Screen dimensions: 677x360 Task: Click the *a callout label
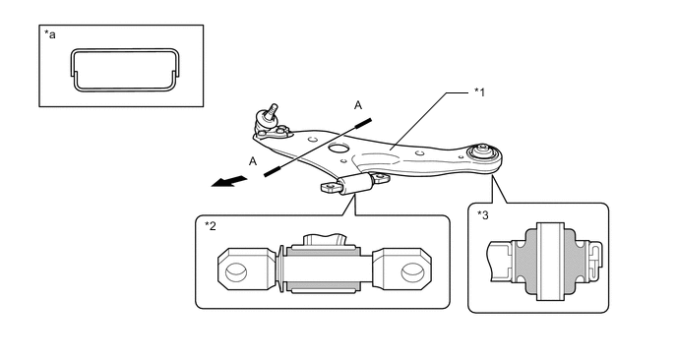[50, 34]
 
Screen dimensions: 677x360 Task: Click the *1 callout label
[479, 91]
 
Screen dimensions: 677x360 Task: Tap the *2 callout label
[211, 226]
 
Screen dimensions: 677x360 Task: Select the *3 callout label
[483, 215]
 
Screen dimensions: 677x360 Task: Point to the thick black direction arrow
[229, 181]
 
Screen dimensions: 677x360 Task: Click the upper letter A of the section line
[358, 105]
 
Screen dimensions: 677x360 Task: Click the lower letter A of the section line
[253, 161]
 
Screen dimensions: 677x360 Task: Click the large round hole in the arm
[338, 149]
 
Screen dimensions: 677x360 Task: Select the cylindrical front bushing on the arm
[356, 184]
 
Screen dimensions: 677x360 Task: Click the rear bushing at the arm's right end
[483, 152]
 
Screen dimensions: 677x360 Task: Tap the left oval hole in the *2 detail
[236, 272]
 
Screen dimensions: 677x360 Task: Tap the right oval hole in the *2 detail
[411, 272]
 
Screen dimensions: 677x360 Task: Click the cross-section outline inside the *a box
[125, 50]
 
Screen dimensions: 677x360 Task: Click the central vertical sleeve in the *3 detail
[550, 262]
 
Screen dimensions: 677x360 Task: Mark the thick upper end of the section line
[363, 123]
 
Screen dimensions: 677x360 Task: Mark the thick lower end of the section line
[273, 171]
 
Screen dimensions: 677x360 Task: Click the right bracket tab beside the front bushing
[380, 178]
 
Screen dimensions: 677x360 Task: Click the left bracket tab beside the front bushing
[332, 188]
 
